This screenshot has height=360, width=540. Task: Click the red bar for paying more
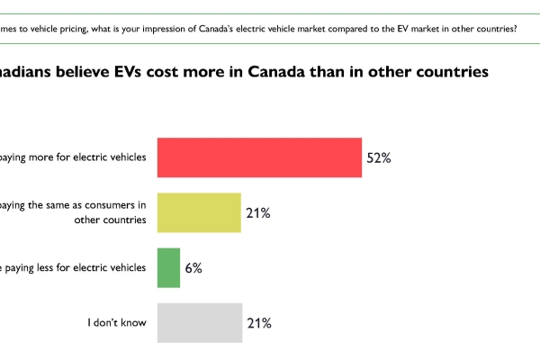[259, 157]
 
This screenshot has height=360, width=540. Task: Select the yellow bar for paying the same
[199, 213]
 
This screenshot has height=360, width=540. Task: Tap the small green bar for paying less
[168, 268]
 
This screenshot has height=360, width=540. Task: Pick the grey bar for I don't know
[199, 322]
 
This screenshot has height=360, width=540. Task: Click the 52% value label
[378, 157]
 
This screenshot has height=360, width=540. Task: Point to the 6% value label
[193, 268]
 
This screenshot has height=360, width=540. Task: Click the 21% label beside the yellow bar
[258, 213]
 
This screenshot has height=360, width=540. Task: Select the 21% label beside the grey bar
[258, 322]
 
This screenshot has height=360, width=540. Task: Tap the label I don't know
[114, 322]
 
